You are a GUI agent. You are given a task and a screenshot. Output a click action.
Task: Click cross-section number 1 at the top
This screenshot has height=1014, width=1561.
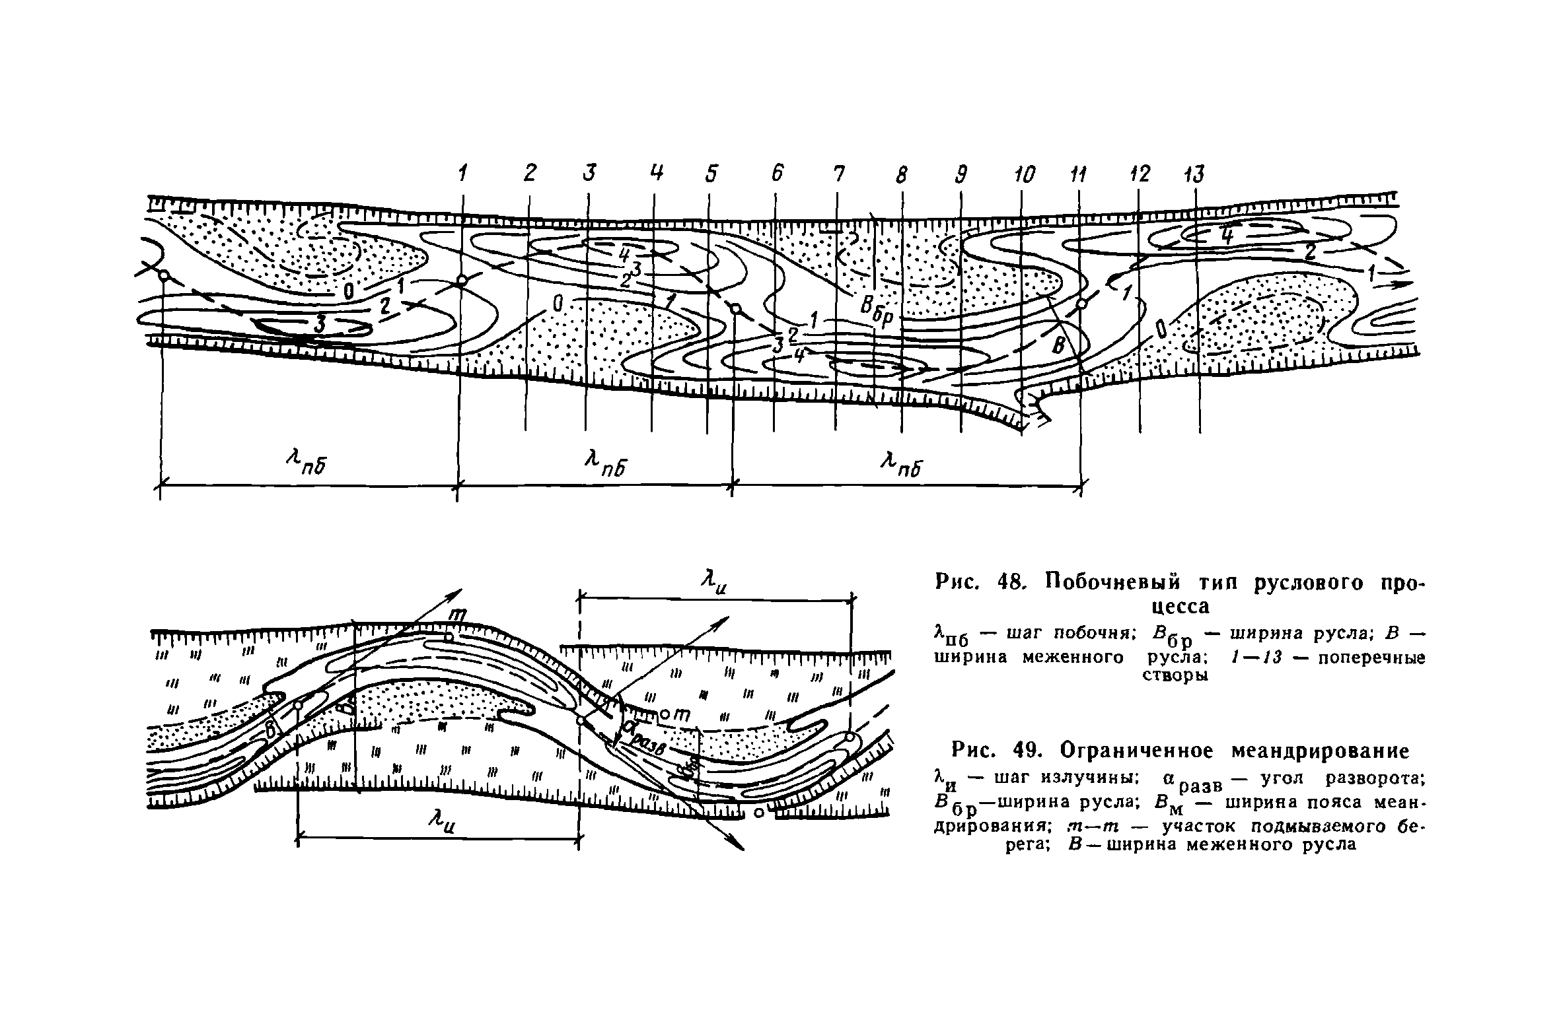463,174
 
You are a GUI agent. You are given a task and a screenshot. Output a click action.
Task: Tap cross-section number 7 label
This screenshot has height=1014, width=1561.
838,174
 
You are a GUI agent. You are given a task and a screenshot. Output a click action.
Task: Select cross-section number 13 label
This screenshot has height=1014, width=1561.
1193,174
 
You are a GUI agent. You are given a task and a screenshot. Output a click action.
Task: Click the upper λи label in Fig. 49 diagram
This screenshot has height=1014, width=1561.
713,583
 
